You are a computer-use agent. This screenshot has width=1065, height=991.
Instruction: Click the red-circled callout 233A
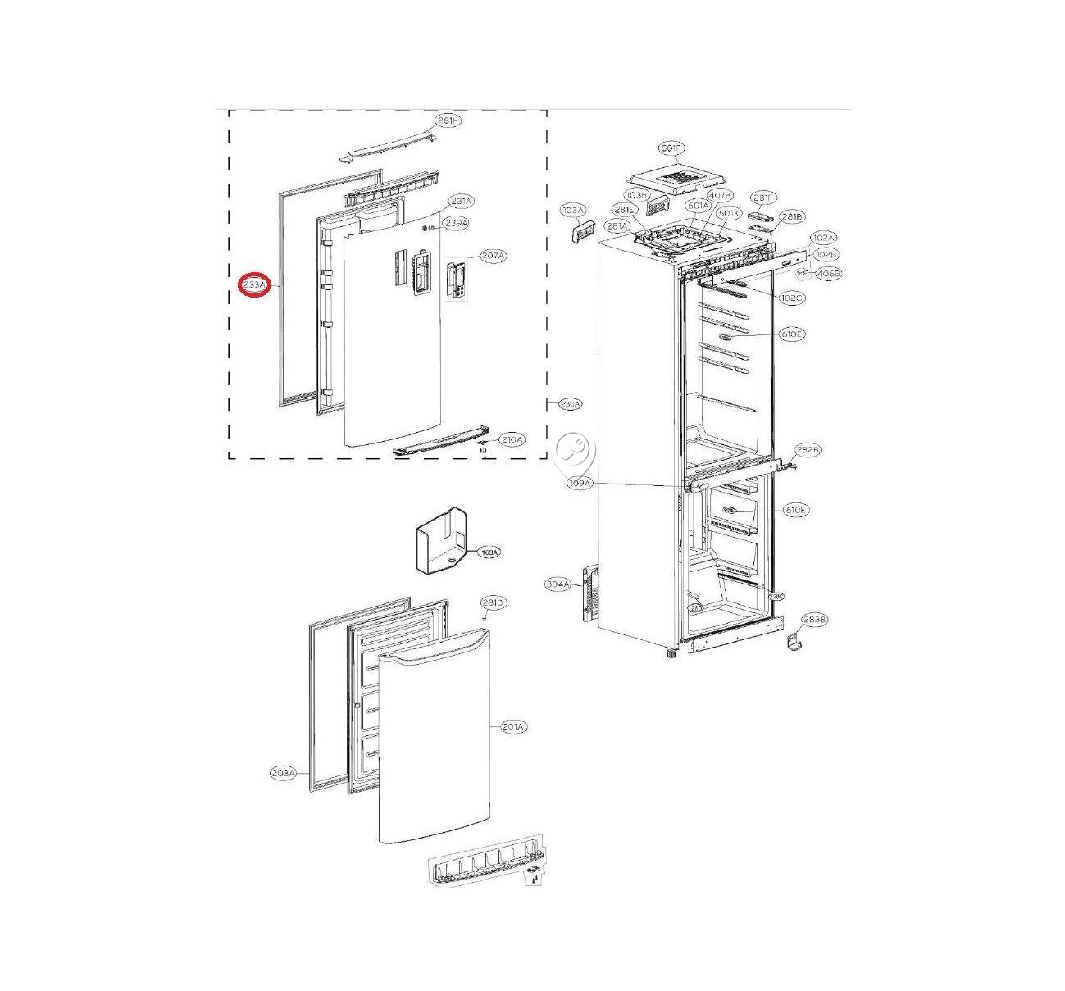coord(254,285)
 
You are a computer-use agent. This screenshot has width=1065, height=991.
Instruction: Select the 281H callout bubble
coord(448,121)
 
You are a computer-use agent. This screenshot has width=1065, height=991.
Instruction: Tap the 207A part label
coord(493,257)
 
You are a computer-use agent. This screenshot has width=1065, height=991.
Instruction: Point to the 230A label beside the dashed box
coord(571,404)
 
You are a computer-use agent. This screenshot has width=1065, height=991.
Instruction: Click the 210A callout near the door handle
coord(512,440)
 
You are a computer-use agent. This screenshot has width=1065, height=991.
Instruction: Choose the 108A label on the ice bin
coord(489,552)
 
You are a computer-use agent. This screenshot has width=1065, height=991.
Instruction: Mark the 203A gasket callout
coord(283,773)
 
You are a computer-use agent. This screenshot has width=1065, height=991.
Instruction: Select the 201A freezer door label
coord(514,726)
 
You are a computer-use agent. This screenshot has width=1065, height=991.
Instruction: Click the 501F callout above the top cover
coord(671,148)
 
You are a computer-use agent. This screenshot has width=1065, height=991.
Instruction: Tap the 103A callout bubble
coord(572,211)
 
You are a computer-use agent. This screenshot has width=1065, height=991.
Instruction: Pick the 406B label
coord(829,274)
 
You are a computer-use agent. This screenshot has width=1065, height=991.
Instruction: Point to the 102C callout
coord(792,298)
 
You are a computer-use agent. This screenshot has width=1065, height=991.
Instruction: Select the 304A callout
coord(558,584)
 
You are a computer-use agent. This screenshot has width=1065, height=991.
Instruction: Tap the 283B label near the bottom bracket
coord(814,620)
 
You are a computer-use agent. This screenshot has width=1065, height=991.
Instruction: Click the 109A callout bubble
coord(580,484)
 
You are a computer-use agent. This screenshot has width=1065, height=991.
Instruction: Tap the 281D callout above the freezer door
coord(494,603)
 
